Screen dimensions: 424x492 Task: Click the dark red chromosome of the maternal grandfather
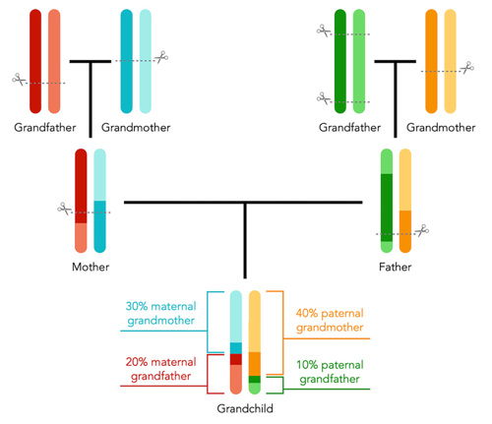[x=35, y=59]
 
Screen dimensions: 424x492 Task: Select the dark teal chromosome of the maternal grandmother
[x=126, y=59]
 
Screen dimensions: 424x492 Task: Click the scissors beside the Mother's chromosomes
[x=65, y=209]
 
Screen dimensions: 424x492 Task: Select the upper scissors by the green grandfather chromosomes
[x=322, y=32]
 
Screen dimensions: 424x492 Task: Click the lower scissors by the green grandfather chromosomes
[x=322, y=96]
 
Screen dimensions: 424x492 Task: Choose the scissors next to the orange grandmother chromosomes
[x=467, y=69]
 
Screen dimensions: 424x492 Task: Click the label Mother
[x=91, y=267]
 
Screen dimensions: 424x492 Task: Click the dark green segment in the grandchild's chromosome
[x=254, y=379]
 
